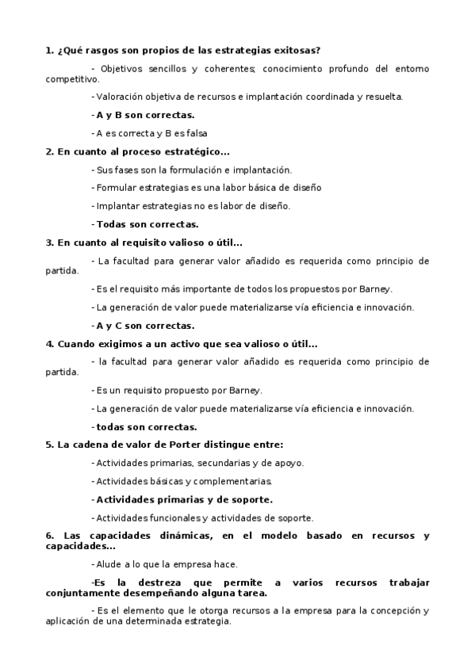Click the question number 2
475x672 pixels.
tap(49, 151)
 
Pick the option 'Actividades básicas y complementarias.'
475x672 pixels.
tap(182, 481)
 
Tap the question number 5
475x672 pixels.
tap(49, 445)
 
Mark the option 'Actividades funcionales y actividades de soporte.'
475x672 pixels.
tap(203, 517)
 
